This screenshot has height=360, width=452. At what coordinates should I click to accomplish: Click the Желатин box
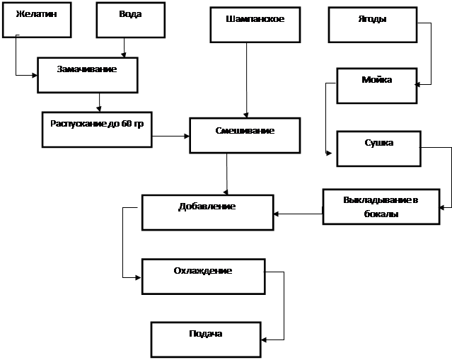(x=37, y=20)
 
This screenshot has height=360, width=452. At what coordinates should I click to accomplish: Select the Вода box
(x=131, y=20)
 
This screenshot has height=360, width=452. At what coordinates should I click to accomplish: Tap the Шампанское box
(x=255, y=25)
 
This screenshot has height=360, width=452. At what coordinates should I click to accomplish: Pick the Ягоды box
(x=373, y=25)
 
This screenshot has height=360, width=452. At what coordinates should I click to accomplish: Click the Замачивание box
(x=88, y=75)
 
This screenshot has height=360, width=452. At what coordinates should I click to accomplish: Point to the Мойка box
(x=377, y=86)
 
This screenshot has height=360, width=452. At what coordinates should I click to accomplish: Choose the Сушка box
(x=378, y=149)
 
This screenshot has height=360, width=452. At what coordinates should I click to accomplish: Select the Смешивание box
(x=245, y=136)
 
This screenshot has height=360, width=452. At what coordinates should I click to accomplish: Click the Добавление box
(x=207, y=212)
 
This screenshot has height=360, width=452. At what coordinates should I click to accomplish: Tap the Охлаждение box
(x=203, y=277)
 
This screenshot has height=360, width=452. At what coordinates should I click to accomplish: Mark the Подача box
(x=206, y=339)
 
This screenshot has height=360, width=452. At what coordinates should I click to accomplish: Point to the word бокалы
(x=381, y=214)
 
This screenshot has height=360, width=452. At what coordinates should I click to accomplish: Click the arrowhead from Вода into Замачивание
(x=124, y=55)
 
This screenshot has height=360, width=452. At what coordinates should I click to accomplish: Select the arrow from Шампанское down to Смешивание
(x=246, y=81)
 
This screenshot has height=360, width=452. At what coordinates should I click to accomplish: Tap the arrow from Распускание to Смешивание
(x=170, y=136)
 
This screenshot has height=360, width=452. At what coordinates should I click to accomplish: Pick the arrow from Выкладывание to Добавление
(x=298, y=214)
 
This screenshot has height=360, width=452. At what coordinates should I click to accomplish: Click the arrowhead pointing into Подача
(x=264, y=339)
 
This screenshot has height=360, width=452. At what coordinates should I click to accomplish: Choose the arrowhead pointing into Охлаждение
(x=138, y=277)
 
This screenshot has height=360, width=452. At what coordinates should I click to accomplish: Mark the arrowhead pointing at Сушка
(x=329, y=153)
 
